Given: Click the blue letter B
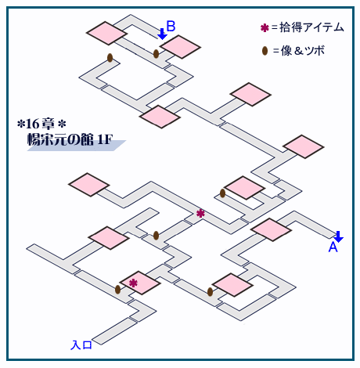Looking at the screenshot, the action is pyautogui.click(x=171, y=27).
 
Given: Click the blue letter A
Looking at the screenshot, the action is pyautogui.click(x=333, y=247).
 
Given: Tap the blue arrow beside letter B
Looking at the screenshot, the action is pyautogui.click(x=163, y=34).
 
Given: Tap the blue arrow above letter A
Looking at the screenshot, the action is pyautogui.click(x=339, y=236).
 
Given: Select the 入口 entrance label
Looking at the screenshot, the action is pyautogui.click(x=81, y=345).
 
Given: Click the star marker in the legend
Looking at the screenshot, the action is pyautogui.click(x=265, y=28).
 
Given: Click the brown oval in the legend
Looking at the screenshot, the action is pyautogui.click(x=265, y=51).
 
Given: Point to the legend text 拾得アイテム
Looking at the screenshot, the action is pyautogui.click(x=311, y=27).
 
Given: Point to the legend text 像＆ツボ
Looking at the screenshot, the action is pyautogui.click(x=303, y=51).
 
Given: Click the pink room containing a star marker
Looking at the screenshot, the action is pyautogui.click(x=140, y=283).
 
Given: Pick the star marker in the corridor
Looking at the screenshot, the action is pyautogui.click(x=200, y=214).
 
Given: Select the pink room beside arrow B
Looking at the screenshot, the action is pyautogui.click(x=180, y=47).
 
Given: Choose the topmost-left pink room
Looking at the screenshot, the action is pyautogui.click(x=106, y=33).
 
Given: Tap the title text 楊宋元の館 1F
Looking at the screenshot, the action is pyautogui.click(x=70, y=140).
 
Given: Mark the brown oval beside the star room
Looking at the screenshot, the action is pyautogui.click(x=118, y=289).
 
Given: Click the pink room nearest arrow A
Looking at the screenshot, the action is pyautogui.click(x=271, y=229).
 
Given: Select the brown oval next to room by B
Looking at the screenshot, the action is pyautogui.click(x=156, y=54).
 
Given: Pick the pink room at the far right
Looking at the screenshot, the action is pyautogui.click(x=304, y=146).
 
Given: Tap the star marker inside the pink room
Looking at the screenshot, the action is pyautogui.click(x=133, y=283).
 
